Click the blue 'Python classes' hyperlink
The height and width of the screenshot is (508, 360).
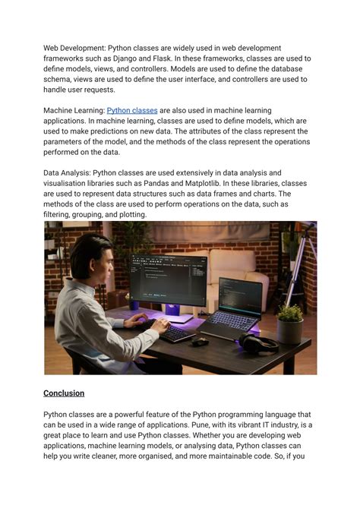coord(132,110)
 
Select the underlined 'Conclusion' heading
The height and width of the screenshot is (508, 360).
coord(64,393)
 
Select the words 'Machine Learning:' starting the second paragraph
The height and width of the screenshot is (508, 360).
coord(74,110)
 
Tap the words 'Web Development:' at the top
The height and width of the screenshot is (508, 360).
coord(74,48)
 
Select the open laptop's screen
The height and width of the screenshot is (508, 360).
coord(241,297)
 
